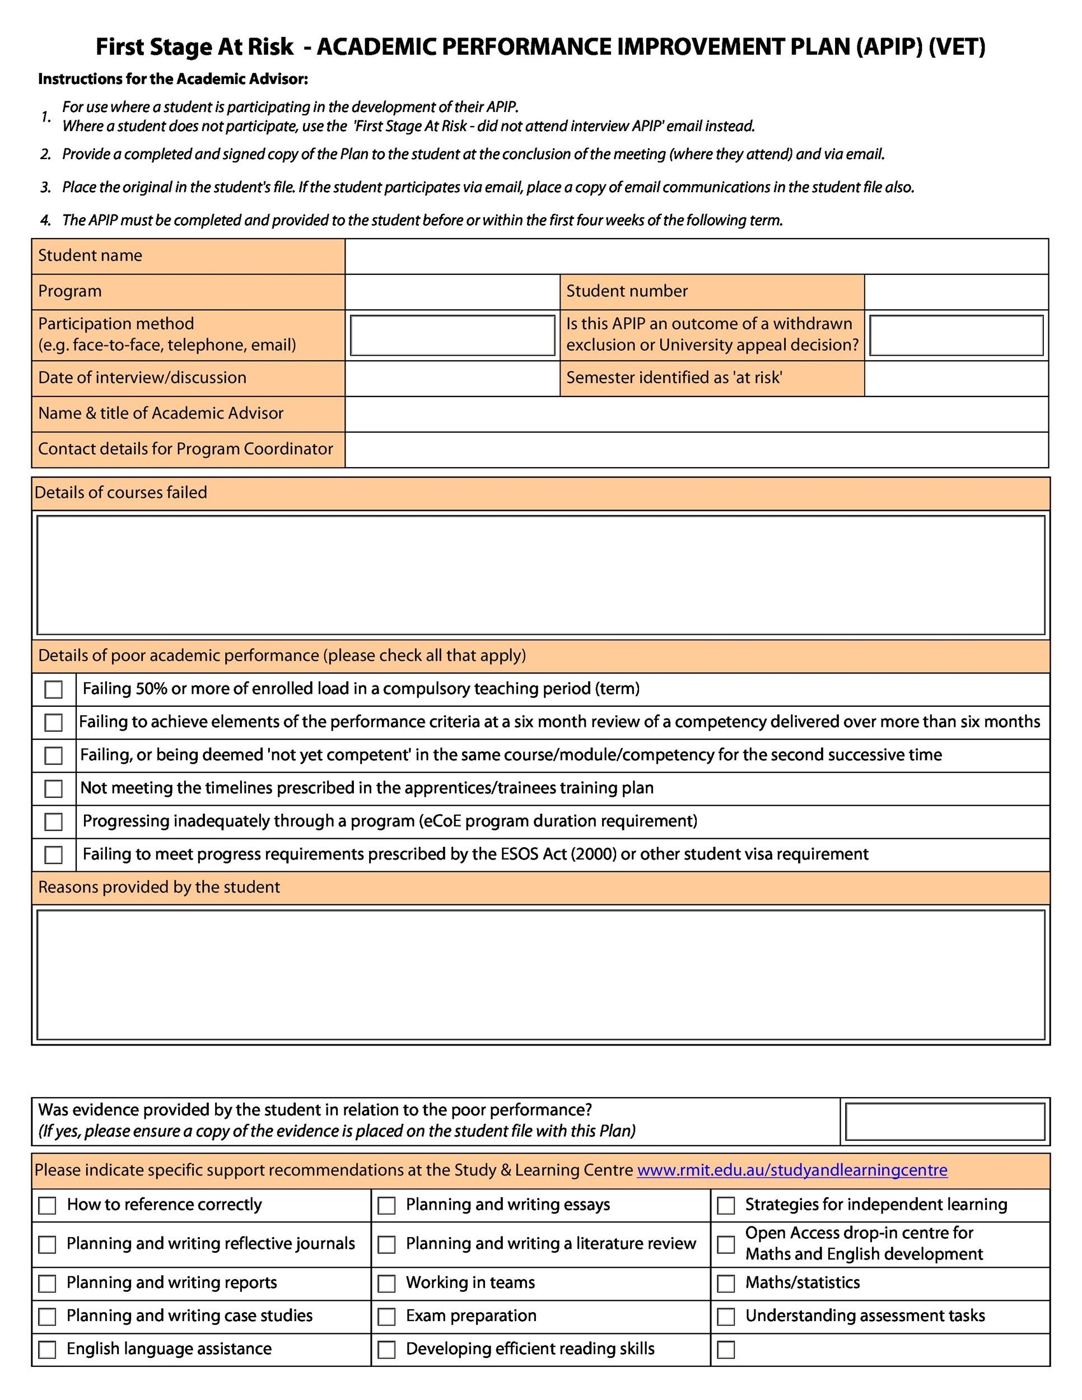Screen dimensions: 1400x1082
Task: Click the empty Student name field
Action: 696,256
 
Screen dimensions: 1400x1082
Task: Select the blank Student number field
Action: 956,292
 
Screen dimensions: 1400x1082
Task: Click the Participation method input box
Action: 453,335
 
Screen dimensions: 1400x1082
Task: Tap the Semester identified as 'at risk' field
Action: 956,378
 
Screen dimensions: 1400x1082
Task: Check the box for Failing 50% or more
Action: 54,690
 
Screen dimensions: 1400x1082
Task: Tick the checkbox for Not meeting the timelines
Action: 54,788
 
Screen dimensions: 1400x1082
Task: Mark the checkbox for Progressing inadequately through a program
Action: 54,822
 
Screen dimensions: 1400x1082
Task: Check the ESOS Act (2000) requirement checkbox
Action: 54,855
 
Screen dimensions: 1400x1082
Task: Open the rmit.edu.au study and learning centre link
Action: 792,1170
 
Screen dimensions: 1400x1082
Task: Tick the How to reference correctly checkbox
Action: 48,1205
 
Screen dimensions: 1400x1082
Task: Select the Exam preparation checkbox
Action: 386,1317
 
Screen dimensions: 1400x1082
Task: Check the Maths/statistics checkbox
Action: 726,1284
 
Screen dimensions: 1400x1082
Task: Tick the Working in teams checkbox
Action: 386,1284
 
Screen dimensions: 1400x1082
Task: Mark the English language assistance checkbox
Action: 48,1350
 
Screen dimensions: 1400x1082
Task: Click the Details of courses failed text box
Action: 540,575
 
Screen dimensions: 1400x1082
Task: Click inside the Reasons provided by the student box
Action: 540,974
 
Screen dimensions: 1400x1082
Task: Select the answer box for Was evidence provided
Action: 945,1122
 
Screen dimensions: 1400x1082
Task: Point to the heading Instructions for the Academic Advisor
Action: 173,80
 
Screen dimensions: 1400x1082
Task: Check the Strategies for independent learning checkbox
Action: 726,1206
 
